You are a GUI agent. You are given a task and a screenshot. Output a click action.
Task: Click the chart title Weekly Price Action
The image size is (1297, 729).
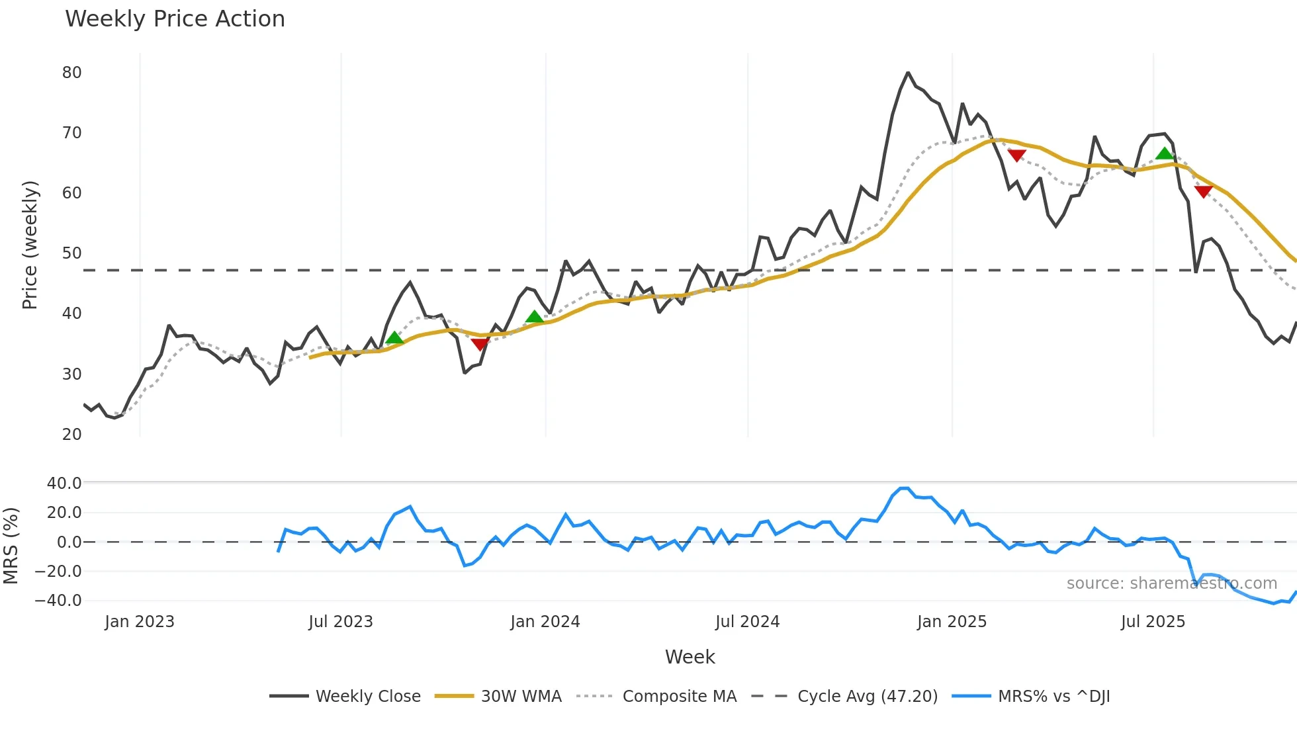pos(175,19)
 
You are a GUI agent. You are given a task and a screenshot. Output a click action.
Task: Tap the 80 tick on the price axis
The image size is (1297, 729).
pos(71,73)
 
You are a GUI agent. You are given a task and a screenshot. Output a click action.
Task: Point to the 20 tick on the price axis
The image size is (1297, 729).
pos(71,435)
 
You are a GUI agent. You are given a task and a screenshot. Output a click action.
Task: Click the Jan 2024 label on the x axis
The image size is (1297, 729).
pos(545,622)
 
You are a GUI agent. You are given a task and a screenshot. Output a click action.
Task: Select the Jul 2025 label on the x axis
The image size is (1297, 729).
pos(1153,622)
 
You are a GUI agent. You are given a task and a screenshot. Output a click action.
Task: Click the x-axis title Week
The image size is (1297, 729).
pos(690,657)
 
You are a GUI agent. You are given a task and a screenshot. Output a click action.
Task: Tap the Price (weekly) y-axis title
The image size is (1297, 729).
pos(30,245)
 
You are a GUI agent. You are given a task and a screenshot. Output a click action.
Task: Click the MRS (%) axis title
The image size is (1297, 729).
pos(11,546)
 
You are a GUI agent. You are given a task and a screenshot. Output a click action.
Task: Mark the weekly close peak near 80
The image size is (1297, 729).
pos(908,73)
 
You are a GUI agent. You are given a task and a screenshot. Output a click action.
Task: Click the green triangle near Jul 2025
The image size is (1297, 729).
pos(1164,154)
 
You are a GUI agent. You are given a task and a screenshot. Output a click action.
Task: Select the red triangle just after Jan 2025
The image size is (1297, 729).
pos(1016,155)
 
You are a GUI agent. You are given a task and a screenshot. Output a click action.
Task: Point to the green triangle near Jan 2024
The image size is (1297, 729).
pos(534,317)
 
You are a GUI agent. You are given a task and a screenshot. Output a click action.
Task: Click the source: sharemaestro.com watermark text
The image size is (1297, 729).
pos(1171,583)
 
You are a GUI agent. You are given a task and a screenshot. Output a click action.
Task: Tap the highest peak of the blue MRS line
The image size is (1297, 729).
pos(904,488)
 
